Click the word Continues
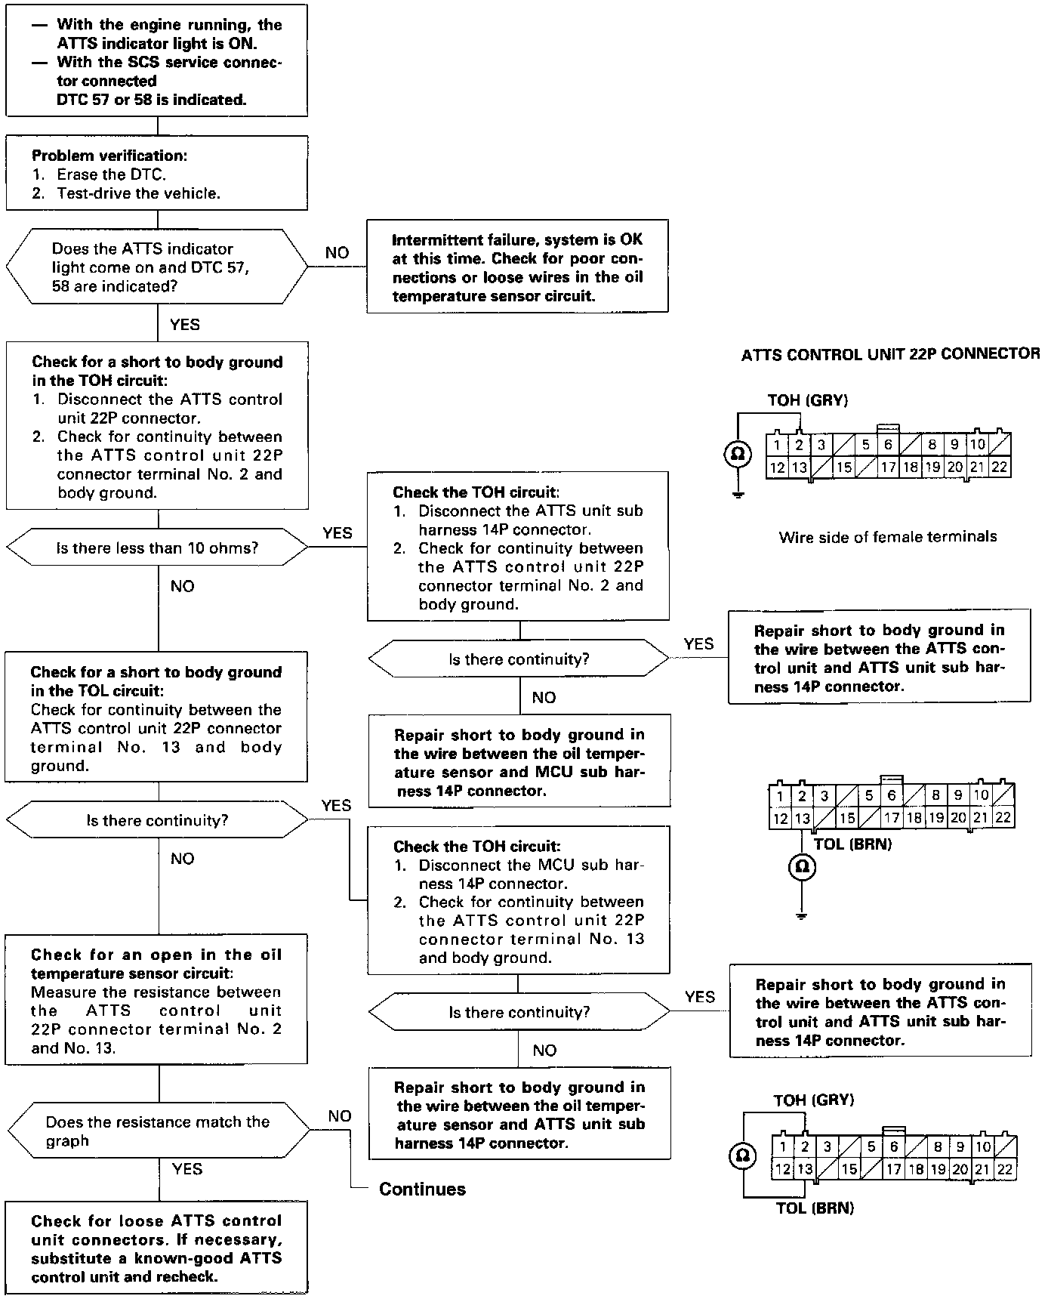pyautogui.click(x=422, y=1189)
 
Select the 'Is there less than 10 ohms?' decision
pyautogui.click(x=157, y=548)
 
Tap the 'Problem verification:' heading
pyautogui.click(x=109, y=156)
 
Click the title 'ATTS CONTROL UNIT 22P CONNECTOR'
pyautogui.click(x=890, y=354)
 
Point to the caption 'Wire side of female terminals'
pyautogui.click(x=887, y=537)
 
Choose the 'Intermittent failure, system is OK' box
pyautogui.click(x=517, y=267)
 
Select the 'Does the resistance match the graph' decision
pyautogui.click(x=158, y=1131)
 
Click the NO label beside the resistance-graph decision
pyautogui.click(x=339, y=1116)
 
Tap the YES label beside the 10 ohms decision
pyautogui.click(x=337, y=533)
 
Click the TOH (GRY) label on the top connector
pyautogui.click(x=807, y=401)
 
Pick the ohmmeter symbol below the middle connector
pyautogui.click(x=802, y=865)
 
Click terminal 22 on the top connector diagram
pyautogui.click(x=999, y=467)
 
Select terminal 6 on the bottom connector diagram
pyautogui.click(x=894, y=1146)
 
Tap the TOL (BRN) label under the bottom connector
pyautogui.click(x=815, y=1208)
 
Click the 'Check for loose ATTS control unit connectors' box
pyautogui.click(x=156, y=1248)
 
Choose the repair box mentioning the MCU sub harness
pyautogui.click(x=519, y=763)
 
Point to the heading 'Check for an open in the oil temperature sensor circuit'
pyautogui.click(x=156, y=964)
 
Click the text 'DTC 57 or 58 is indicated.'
pyautogui.click(x=151, y=100)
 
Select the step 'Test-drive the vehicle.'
pyautogui.click(x=139, y=193)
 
